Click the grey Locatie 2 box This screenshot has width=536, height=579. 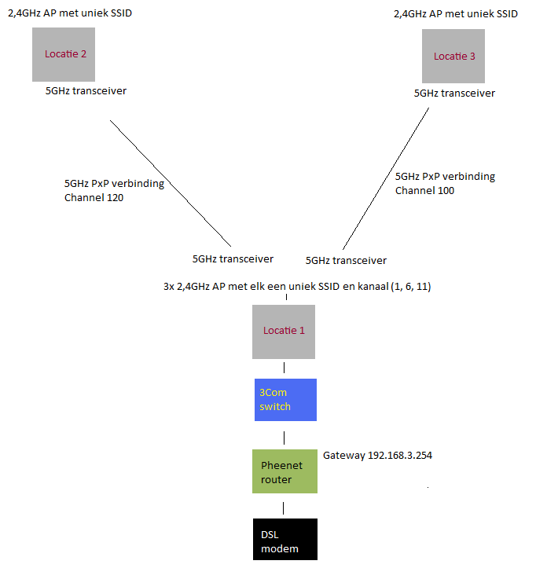pos(64,54)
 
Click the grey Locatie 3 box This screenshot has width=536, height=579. pos(453,56)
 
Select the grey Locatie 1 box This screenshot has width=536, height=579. pos(284,331)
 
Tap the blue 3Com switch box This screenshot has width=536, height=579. pos(284,399)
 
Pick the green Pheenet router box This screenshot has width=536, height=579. pos(284,471)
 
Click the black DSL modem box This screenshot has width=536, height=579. pos(285,540)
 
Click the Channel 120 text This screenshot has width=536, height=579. pos(94,198)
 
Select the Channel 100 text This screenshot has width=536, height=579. pos(424,190)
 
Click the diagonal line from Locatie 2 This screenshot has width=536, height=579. pos(169,183)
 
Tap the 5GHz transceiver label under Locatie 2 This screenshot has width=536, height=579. pos(86,91)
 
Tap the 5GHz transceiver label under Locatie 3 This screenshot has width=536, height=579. pos(454,93)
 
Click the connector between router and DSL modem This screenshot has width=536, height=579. pos(284,507)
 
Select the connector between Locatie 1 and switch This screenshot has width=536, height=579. pos(284,368)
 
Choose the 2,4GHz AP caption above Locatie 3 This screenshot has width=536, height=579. pos(456,13)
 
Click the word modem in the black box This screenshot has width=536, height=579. pos(280,548)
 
